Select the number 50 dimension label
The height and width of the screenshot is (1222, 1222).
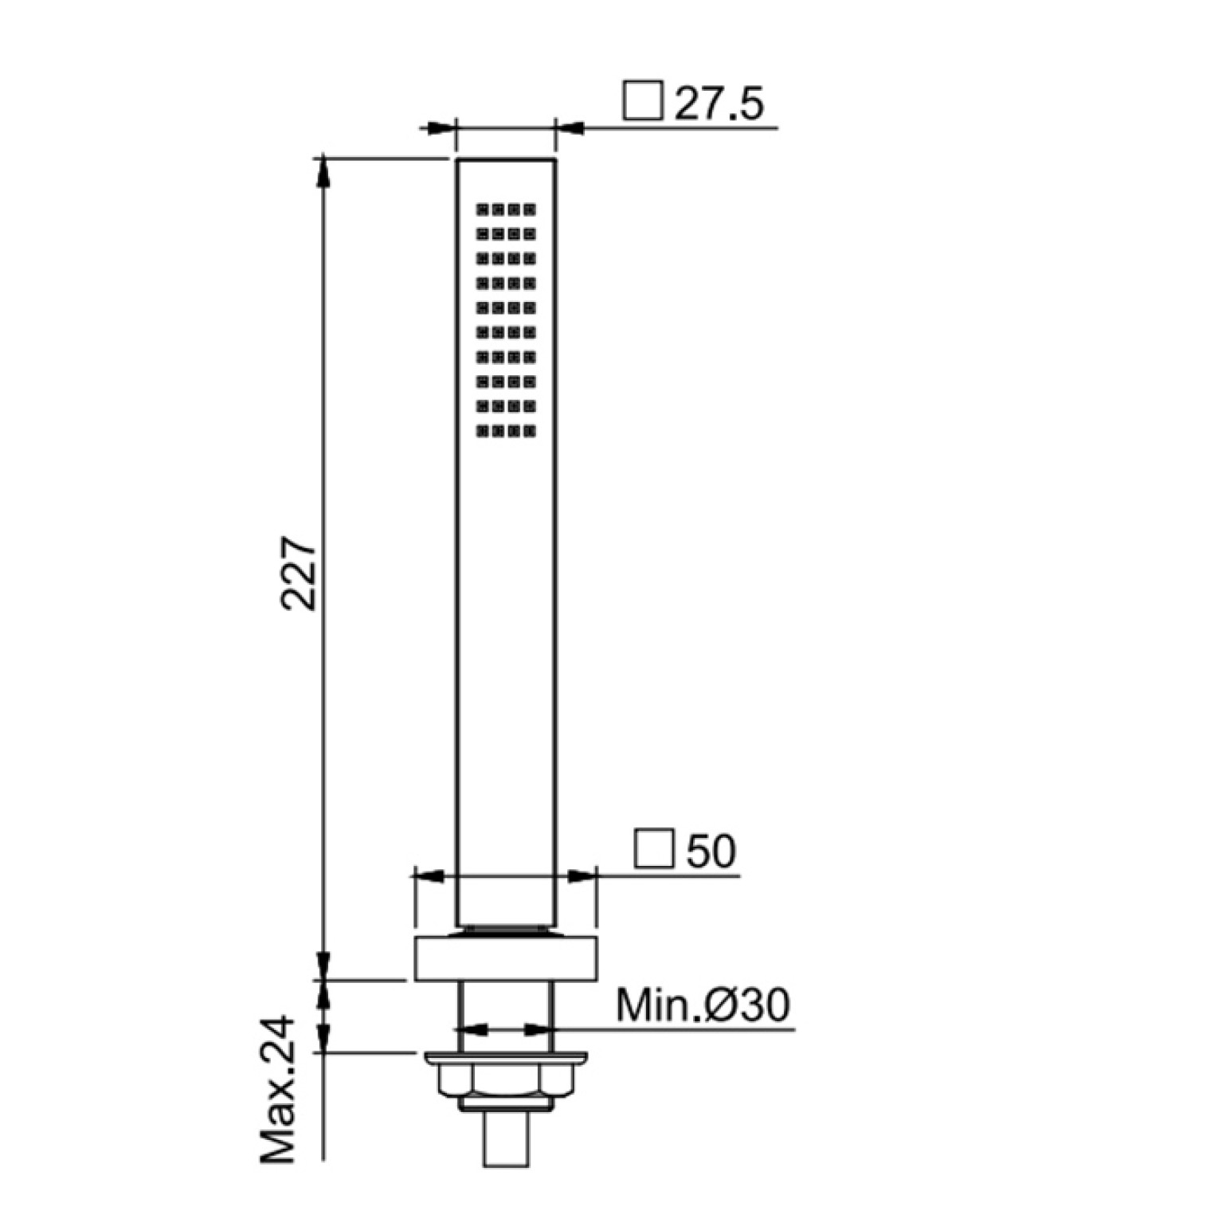click(711, 851)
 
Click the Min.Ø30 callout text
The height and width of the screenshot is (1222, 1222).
click(703, 1005)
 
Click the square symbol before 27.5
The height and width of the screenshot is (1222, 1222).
click(643, 100)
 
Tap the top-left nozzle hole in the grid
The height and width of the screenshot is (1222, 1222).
click(482, 210)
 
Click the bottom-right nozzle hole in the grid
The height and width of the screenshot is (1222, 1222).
click(530, 431)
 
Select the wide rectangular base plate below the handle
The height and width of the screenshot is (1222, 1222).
click(505, 958)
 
